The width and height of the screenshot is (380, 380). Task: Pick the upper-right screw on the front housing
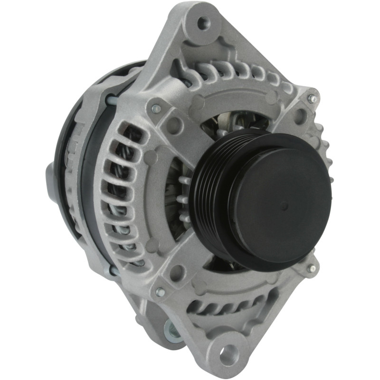coord(312,98)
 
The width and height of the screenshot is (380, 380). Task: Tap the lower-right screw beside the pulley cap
coord(311,268)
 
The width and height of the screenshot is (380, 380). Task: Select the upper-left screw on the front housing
coord(155,109)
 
